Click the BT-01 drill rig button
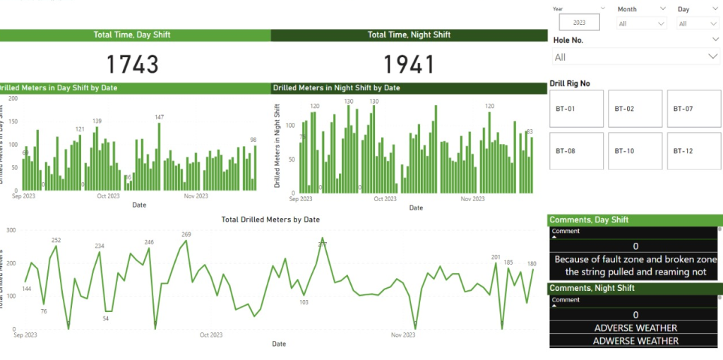[576, 109]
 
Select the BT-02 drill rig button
[635, 109]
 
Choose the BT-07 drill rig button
[693, 109]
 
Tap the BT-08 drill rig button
[576, 151]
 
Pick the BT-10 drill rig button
[635, 151]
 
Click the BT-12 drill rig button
[693, 151]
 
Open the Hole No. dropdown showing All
[635, 57]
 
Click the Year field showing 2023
[579, 23]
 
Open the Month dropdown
[642, 23]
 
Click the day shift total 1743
[132, 65]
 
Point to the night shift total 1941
[409, 65]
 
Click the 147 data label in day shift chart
[160, 117]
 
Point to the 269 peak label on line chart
[186, 234]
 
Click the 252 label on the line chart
[56, 240]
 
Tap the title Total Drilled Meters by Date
[270, 220]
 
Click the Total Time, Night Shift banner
[409, 35]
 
